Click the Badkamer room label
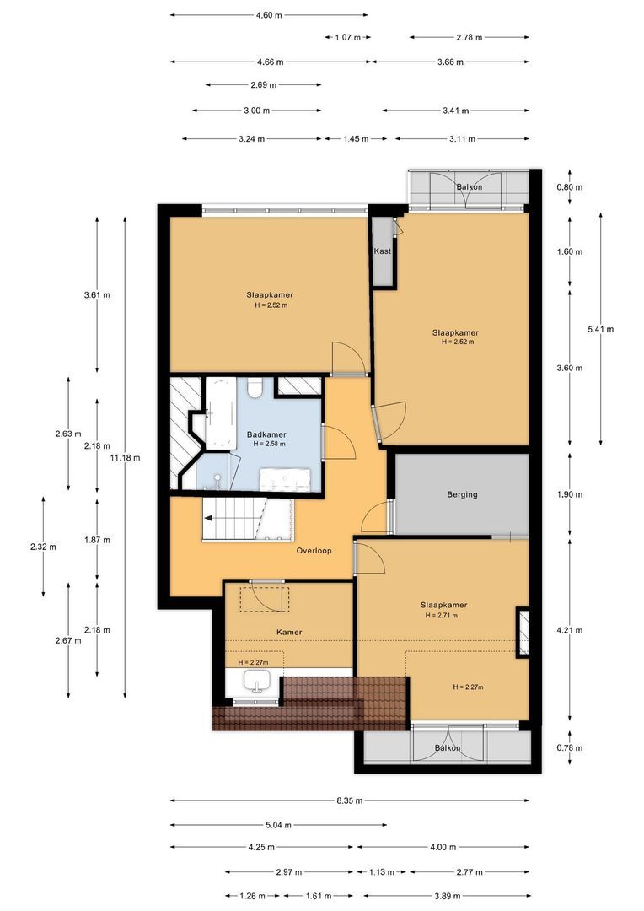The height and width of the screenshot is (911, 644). tap(266, 434)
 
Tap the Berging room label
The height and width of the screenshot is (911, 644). tap(462, 494)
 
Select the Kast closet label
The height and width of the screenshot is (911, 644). tap(382, 251)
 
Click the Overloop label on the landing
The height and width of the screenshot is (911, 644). tap(314, 550)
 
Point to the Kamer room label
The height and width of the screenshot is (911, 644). tap(289, 632)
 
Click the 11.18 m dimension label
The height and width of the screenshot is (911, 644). tap(126, 458)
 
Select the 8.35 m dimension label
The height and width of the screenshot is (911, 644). tap(350, 800)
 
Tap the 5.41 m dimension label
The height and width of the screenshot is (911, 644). tap(600, 329)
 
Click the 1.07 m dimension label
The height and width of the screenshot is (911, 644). tap(348, 38)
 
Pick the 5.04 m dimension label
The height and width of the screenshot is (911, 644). tap(279, 825)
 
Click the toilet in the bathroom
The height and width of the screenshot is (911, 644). tap(255, 386)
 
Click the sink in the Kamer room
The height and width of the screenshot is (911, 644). tap(256, 681)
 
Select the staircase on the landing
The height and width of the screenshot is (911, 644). tap(249, 519)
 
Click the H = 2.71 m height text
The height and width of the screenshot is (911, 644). tap(442, 615)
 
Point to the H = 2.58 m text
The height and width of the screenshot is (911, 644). tap(269, 444)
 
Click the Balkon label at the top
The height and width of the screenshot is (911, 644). tap(470, 187)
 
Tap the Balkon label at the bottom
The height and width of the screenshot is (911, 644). tap(448, 747)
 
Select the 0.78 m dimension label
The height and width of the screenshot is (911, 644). tap(570, 747)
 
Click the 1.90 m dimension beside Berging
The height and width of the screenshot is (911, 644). tap(570, 494)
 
